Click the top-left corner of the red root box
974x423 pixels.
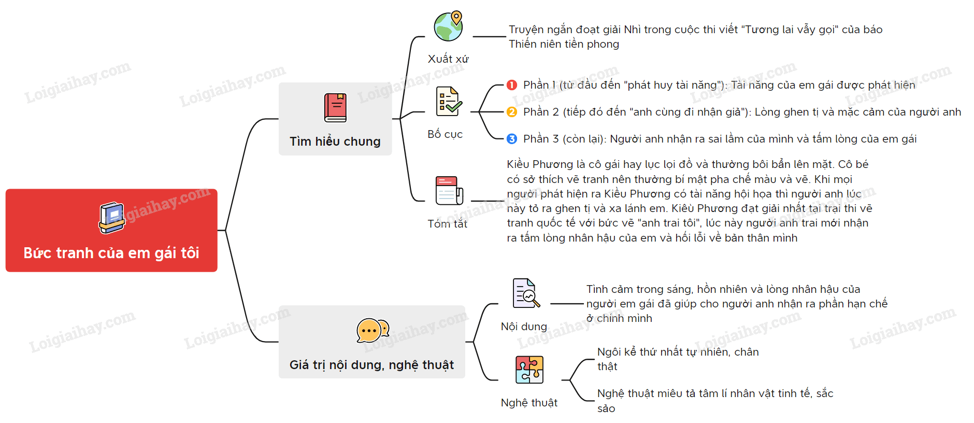pyautogui.click(x=6, y=189)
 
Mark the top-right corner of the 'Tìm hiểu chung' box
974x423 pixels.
pyautogui.click(x=392, y=82)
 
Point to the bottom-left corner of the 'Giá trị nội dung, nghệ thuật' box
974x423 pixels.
pyautogui.click(x=279, y=378)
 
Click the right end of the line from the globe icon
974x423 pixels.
pyautogui.click(x=506, y=37)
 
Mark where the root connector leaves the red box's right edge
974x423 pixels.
pyautogui.click(x=218, y=230)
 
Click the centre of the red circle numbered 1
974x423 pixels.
pyautogui.click(x=512, y=85)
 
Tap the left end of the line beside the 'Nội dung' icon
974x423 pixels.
pyautogui.click(x=551, y=304)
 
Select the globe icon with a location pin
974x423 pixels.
pyautogui.click(x=449, y=26)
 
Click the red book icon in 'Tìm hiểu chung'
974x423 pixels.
pyautogui.click(x=335, y=107)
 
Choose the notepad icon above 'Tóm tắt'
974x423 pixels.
pyautogui.click(x=449, y=191)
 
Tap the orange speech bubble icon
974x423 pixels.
pyautogui.click(x=373, y=331)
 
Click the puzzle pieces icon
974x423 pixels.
pyautogui.click(x=529, y=370)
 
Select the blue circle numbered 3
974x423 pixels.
pyautogui.click(x=512, y=139)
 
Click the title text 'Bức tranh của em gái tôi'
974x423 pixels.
pyautogui.click(x=111, y=253)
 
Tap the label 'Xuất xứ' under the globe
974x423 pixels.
pyautogui.click(x=448, y=59)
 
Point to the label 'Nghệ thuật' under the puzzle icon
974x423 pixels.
pyautogui.click(x=529, y=403)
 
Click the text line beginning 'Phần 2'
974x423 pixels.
pyautogui.click(x=742, y=112)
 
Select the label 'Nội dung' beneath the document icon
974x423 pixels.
pyautogui.click(x=524, y=327)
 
